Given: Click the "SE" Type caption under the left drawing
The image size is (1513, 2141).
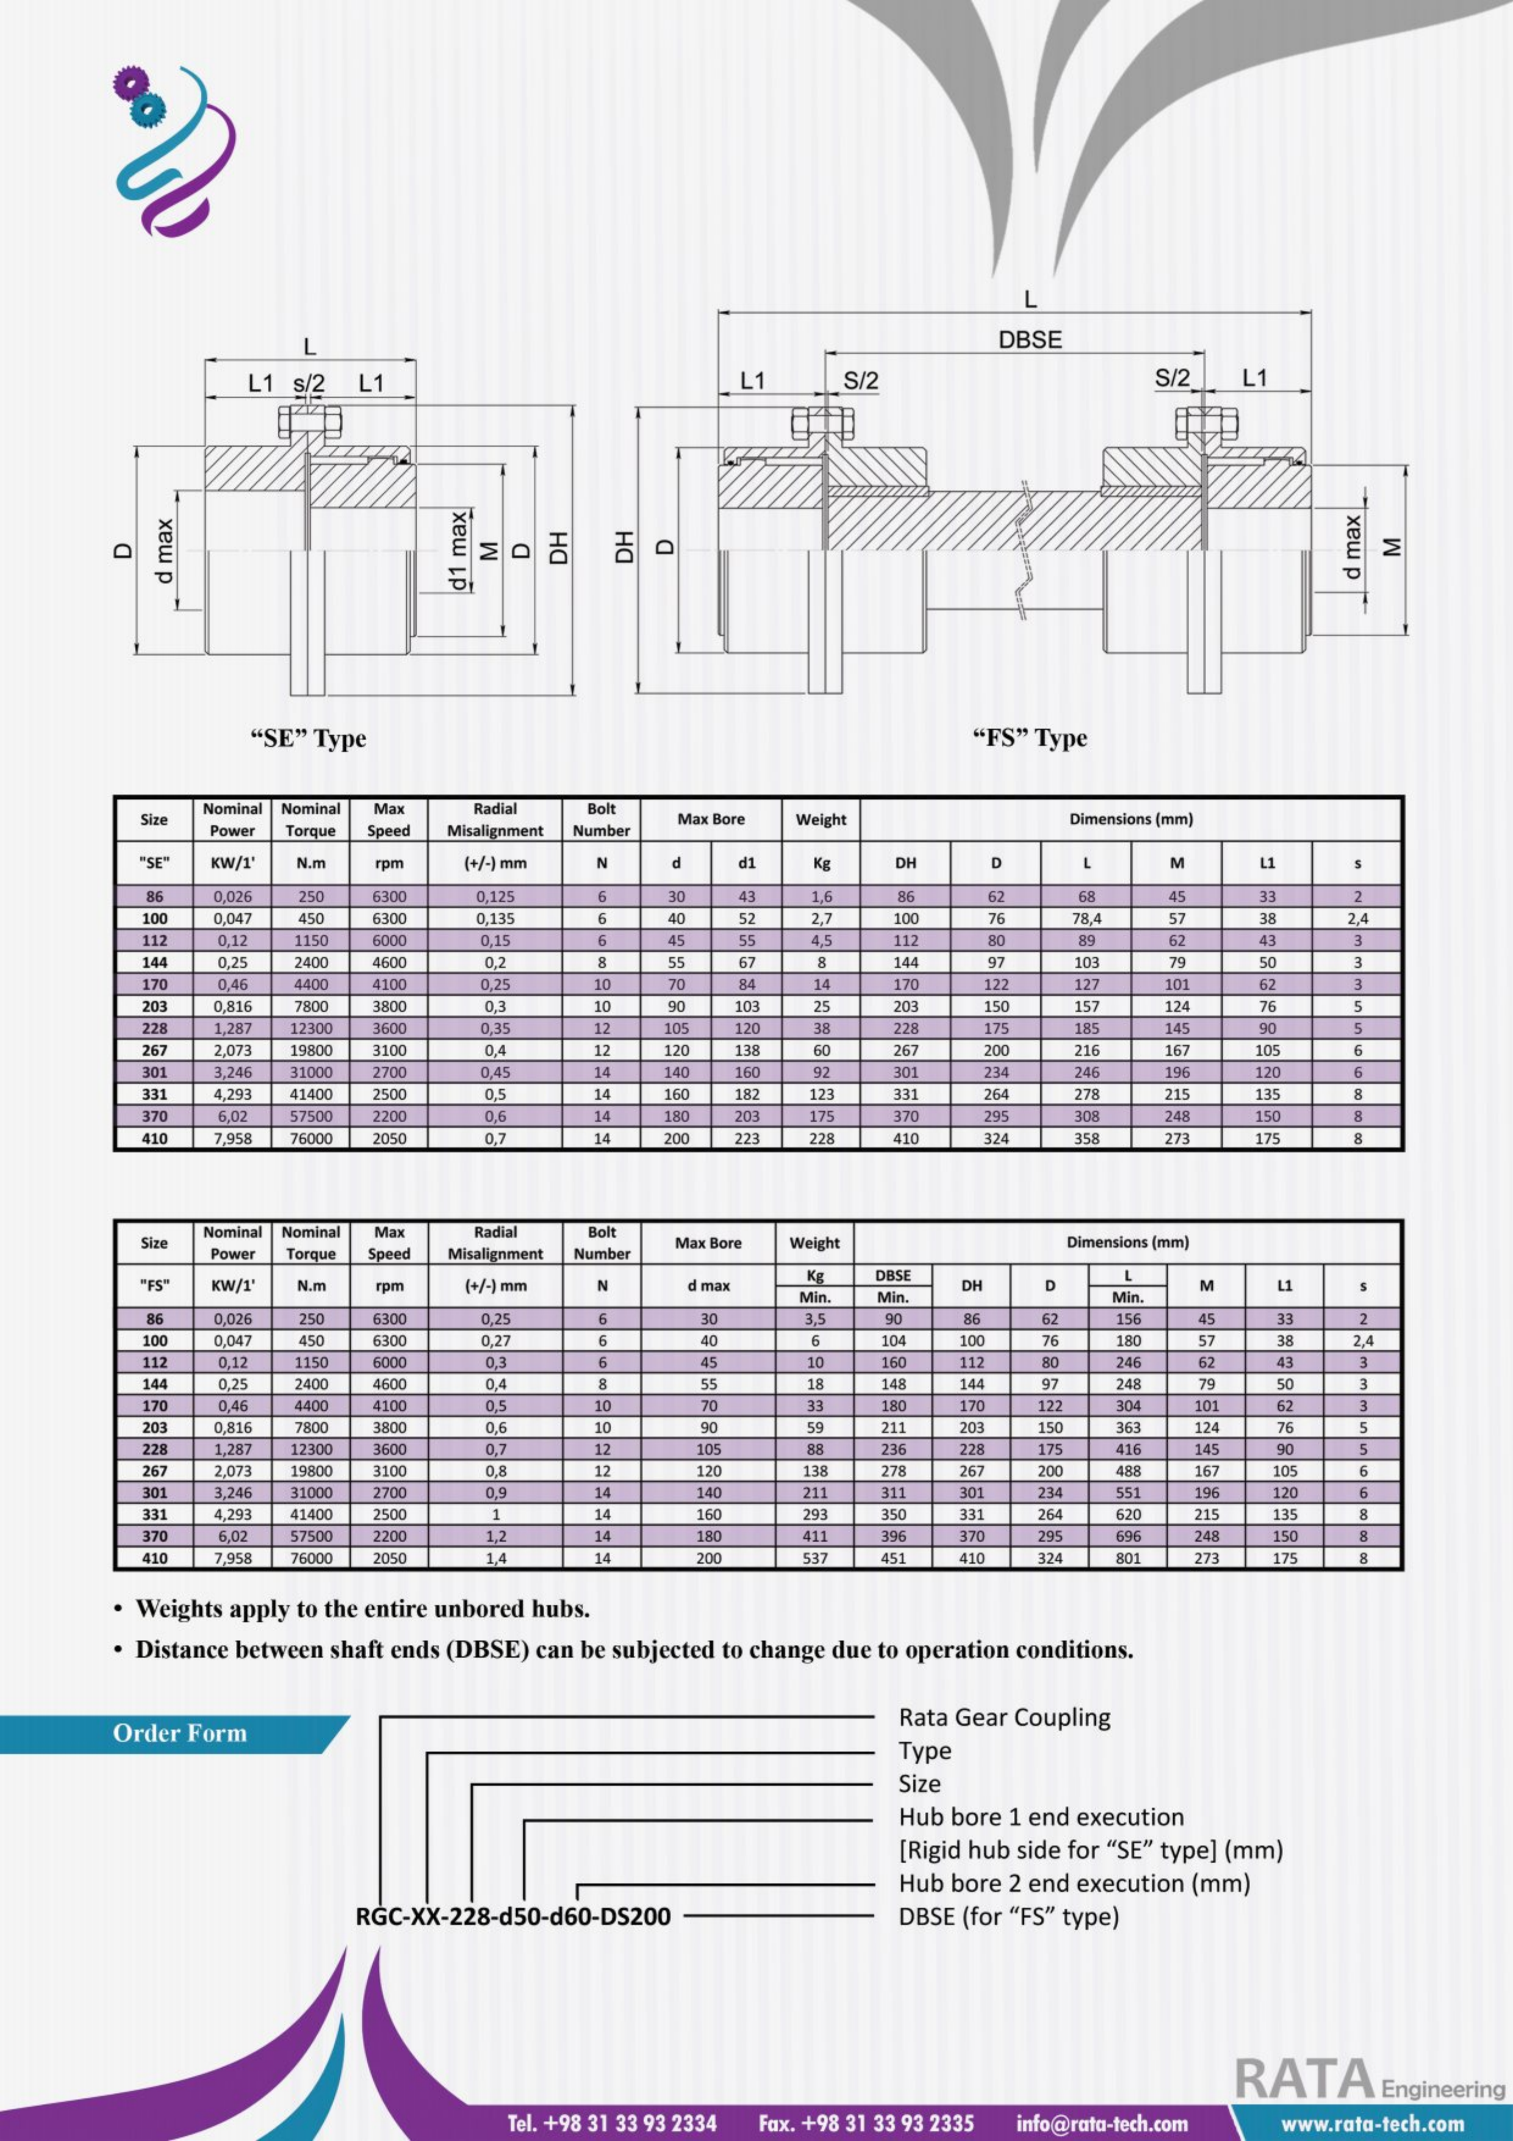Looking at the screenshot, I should tap(309, 738).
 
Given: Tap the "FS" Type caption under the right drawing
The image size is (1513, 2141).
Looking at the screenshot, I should tap(1029, 738).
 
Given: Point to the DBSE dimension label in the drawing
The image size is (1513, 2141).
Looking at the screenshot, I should tap(1030, 341).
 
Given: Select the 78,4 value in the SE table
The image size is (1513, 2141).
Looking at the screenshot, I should tap(1086, 919).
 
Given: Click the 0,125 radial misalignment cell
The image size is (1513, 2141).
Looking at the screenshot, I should tap(495, 897).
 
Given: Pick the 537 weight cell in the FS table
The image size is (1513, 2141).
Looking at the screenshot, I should tap(815, 1558).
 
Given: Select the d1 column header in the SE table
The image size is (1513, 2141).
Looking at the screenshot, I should tap(747, 864).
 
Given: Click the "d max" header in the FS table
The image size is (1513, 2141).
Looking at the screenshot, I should tap(708, 1286).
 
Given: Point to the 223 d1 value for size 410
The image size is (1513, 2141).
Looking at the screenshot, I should tap(747, 1139).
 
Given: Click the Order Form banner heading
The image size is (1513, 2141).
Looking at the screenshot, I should tap(180, 1733).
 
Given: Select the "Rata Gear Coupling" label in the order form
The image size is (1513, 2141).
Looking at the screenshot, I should tap(1004, 1717).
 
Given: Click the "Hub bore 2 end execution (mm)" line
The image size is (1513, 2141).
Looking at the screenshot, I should tap(1074, 1883).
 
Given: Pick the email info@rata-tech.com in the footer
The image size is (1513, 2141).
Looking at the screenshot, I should tap(1102, 2123).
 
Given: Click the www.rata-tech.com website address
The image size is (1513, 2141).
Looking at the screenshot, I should tap(1372, 2123).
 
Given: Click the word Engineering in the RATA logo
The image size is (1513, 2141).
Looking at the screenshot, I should tap(1442, 2089).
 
